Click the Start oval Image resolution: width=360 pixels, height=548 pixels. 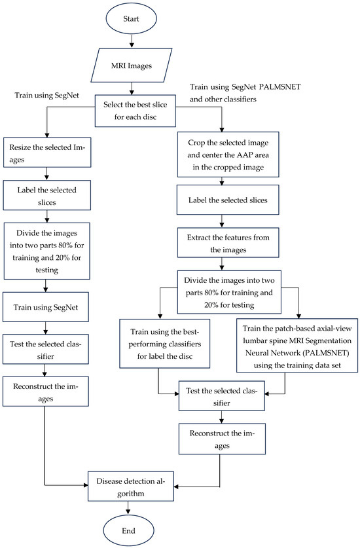pos(131,19)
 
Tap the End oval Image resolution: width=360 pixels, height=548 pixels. pos(128,530)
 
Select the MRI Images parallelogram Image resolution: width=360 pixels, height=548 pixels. pos(132,65)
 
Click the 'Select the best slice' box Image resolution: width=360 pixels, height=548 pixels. pos(135,111)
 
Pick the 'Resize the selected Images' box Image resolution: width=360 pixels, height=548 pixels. pos(47,153)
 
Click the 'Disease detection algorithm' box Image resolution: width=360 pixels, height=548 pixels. pos(130,486)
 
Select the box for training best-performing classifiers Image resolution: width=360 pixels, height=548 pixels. pos(165,344)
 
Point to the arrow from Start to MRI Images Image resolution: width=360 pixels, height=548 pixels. pos(132,41)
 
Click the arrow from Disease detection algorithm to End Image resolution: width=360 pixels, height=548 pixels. pos(128,508)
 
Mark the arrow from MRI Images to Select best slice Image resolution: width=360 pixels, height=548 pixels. pos(132,89)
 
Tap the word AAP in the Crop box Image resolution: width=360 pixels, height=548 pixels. pos(246,155)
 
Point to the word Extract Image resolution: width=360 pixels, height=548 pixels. pos(199,238)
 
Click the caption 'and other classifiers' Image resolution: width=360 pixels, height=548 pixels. pos(223,100)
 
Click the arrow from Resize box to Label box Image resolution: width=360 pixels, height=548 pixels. pos(47,174)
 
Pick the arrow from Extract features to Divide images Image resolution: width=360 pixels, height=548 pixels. pos(222,264)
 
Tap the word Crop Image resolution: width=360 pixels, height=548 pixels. pos(196,143)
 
